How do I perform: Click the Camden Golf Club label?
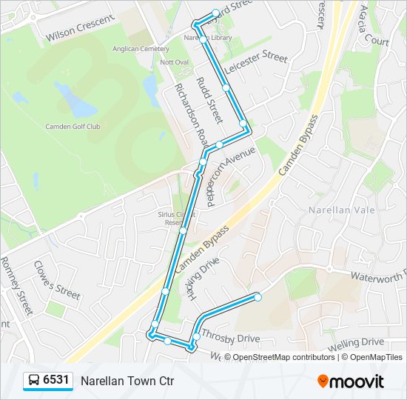pos(73,126)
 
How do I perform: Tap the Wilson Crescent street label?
pos(79,28)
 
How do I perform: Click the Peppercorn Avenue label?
pos(231,176)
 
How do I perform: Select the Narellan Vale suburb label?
pos(336,210)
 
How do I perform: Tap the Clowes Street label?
pos(56,280)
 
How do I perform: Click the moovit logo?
pos(351,381)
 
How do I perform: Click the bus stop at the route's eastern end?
pos(258,297)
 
